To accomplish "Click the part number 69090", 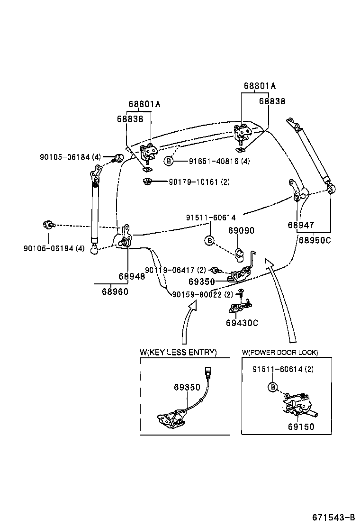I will [241, 231].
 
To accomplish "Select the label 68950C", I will [314, 240].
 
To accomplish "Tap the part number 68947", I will [301, 225].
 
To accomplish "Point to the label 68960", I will [115, 291].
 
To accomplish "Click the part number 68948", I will [132, 276].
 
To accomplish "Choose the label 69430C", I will [242, 323].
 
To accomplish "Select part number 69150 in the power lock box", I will [301, 427].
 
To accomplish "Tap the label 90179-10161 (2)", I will [199, 182].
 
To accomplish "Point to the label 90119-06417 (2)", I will [175, 270].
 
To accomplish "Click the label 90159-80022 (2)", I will [203, 294].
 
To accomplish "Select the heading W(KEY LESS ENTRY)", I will [178, 352].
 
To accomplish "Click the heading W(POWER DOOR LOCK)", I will [279, 352].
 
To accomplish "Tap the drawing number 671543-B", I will [333, 517].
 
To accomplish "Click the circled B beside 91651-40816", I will [168, 161].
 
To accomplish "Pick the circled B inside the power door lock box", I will [273, 387].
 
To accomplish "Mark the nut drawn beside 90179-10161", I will [147, 181].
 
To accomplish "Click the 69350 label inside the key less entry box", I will [187, 387].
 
